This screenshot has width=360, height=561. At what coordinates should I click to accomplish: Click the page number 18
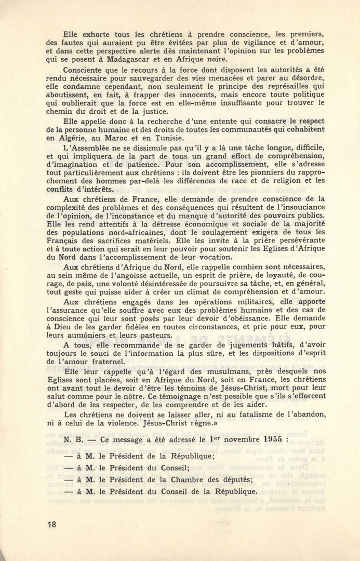click(50, 525)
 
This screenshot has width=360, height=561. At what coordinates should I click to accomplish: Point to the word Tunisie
click(166, 138)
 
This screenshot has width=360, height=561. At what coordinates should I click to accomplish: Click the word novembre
click(234, 439)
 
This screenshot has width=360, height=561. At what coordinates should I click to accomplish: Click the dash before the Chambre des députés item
click(68, 479)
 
